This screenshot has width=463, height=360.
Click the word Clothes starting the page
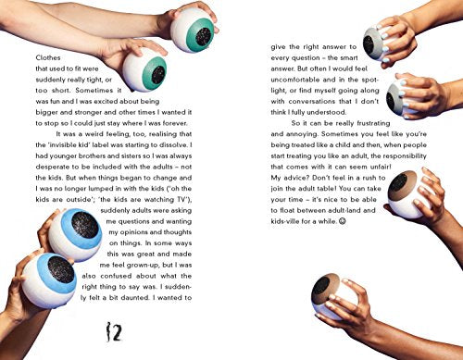[48, 57]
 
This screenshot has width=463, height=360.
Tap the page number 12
[115, 331]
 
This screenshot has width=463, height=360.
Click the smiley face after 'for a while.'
[343, 221]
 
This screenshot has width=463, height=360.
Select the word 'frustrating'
[373, 123]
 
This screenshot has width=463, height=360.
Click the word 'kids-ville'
[284, 221]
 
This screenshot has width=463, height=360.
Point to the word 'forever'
[175, 123]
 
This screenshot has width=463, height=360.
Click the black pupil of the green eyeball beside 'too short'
[158, 75]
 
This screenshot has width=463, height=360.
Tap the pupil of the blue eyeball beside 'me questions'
[85, 225]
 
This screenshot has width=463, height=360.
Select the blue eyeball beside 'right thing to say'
[50, 279]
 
